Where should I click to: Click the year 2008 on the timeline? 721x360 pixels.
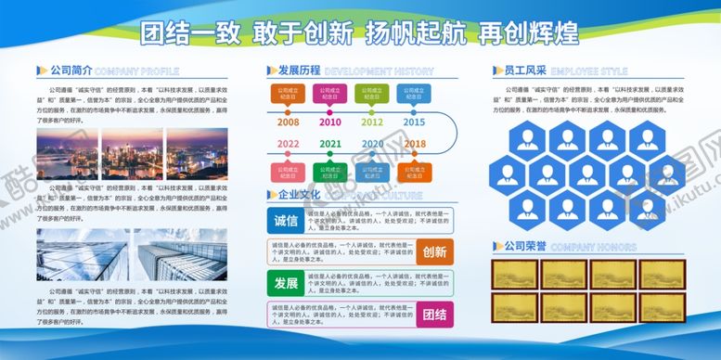click(x=288, y=122)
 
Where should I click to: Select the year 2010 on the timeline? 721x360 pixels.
click(x=329, y=122)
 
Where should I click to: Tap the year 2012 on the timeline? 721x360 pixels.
click(x=372, y=122)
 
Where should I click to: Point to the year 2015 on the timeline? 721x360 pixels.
click(x=414, y=122)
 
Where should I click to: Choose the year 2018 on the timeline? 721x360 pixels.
click(x=415, y=144)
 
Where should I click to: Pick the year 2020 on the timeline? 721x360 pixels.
click(x=372, y=144)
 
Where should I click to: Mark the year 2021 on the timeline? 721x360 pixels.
click(x=329, y=144)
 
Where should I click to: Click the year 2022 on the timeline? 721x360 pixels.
click(x=288, y=144)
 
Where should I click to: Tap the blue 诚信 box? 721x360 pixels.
click(x=286, y=221)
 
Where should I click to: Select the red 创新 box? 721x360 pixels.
click(x=434, y=251)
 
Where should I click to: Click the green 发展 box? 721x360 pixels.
click(x=286, y=282)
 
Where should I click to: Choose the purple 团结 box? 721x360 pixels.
click(x=434, y=313)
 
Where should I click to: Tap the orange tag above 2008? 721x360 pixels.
click(x=288, y=94)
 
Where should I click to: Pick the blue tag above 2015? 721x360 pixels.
click(x=414, y=94)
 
